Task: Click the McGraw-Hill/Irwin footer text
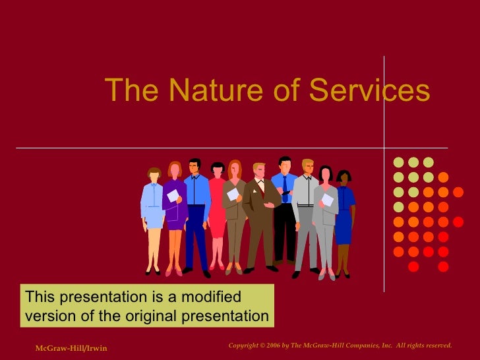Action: tap(71, 347)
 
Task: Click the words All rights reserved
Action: tap(429, 345)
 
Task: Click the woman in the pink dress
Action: tap(217, 211)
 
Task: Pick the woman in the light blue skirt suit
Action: tap(153, 211)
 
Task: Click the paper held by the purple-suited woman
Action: tap(173, 195)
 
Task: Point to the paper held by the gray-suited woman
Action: tap(327, 199)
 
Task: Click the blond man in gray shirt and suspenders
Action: tap(306, 211)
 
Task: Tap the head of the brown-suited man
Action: tap(259, 171)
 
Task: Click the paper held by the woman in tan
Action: tap(233, 194)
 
